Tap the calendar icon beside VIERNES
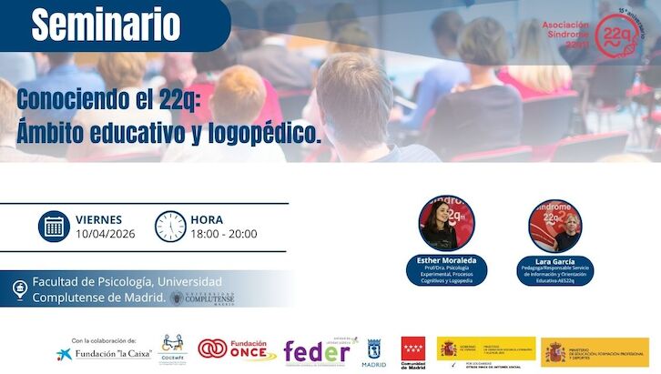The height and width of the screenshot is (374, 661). pyautogui.click(x=54, y=226)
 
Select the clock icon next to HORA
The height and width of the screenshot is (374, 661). pyautogui.click(x=170, y=226)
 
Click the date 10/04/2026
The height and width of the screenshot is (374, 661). pyautogui.click(x=106, y=234)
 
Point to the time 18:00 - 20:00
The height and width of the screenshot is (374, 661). pyautogui.click(x=223, y=234)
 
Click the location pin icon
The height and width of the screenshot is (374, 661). pyautogui.click(x=18, y=289)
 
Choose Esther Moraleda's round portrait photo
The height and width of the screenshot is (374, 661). pyautogui.click(x=447, y=225)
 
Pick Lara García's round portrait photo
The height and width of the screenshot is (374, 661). pyautogui.click(x=555, y=225)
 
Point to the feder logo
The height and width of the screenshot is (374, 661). pyautogui.click(x=316, y=353)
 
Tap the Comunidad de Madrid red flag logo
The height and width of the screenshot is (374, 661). pyautogui.click(x=413, y=349)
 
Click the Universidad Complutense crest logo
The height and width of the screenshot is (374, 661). pyautogui.click(x=178, y=298)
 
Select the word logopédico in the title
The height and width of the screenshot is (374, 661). pyautogui.click(x=272, y=134)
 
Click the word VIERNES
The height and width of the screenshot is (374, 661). pyautogui.click(x=99, y=219)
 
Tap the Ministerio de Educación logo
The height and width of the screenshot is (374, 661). pyautogui.click(x=596, y=351)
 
